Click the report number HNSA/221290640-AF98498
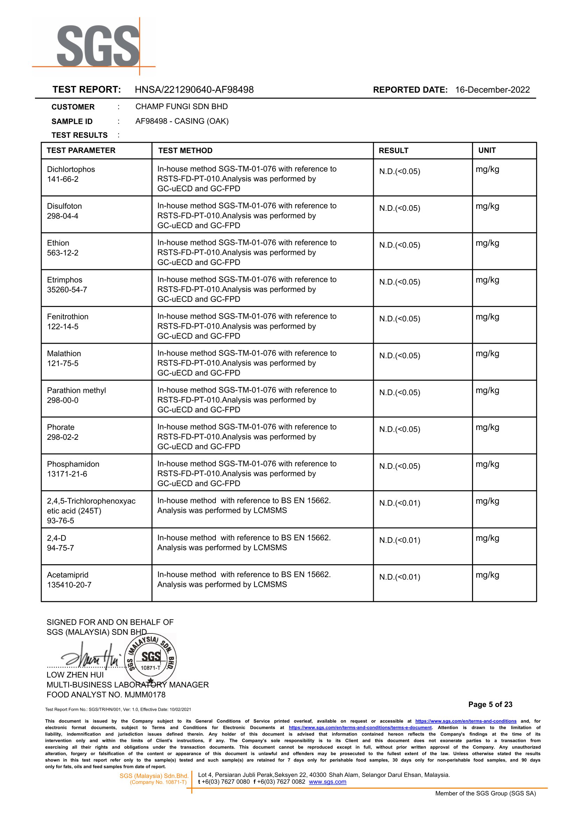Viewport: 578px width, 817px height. pyautogui.click(x=194, y=89)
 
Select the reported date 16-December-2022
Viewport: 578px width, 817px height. pyautogui.click(x=492, y=89)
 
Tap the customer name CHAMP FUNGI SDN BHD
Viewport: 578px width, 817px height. pyautogui.click(x=181, y=106)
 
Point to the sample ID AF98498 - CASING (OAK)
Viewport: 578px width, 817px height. pyautogui.click(x=182, y=121)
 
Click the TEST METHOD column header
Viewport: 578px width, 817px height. pyautogui.click(x=185, y=151)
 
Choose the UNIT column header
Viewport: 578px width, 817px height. pyautogui.click(x=487, y=150)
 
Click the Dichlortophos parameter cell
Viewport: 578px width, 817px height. pyautogui.click(x=71, y=174)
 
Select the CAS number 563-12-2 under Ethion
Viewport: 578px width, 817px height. pyautogui.click(x=63, y=253)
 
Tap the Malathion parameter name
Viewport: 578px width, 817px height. pyautogui.click(x=64, y=353)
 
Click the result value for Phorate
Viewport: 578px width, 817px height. pyautogui.click(x=399, y=429)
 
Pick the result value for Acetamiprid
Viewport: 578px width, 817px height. pyautogui.click(x=399, y=577)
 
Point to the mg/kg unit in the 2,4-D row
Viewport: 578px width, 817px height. pyautogui.click(x=487, y=538)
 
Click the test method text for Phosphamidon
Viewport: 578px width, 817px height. pyautogui.click(x=246, y=473)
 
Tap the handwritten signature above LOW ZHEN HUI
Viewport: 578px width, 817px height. pyautogui.click(x=91, y=657)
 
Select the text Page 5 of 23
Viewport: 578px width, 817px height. pyautogui.click(x=490, y=704)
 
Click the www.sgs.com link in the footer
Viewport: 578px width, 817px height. pyautogui.click(x=327, y=782)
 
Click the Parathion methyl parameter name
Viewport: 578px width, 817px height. pyautogui.click(x=77, y=390)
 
